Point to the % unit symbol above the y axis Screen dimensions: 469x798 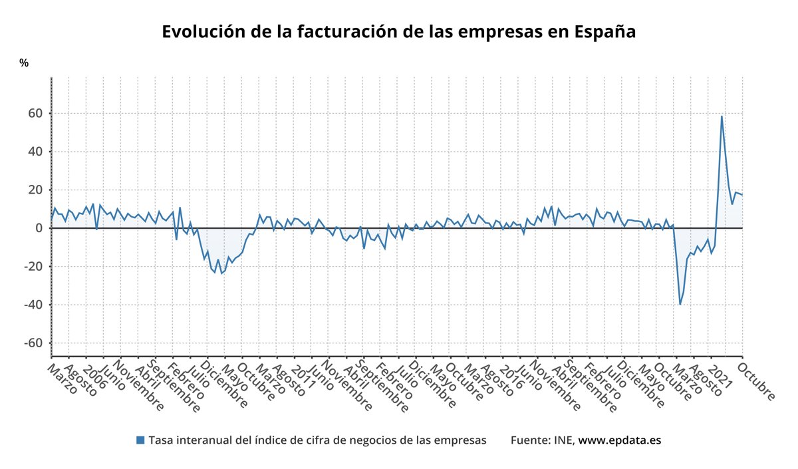(24, 63)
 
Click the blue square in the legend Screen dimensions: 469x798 (140, 440)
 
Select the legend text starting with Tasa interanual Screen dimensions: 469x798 (317, 440)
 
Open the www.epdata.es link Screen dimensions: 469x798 (619, 440)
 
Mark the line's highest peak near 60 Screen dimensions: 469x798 (722, 116)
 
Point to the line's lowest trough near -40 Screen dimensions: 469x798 (680, 304)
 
